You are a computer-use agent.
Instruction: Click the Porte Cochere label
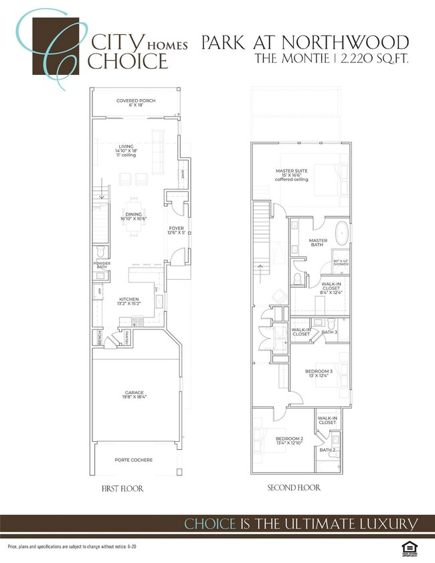coord(133,460)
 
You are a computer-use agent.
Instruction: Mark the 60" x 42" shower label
coord(341,263)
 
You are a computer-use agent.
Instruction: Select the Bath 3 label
coord(329,332)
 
